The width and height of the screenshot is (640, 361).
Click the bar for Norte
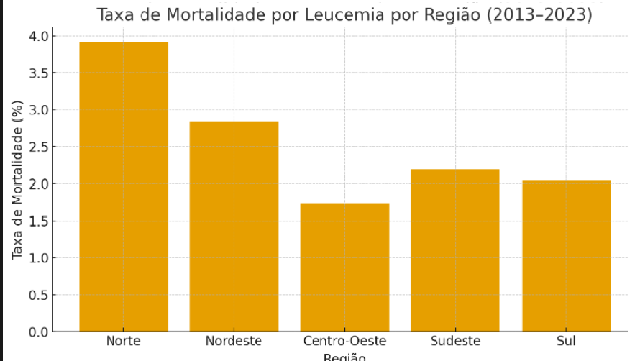point(123,187)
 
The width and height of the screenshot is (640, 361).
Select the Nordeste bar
point(234,227)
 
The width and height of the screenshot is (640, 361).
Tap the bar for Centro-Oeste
point(344,268)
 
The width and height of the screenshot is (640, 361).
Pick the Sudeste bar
point(455,250)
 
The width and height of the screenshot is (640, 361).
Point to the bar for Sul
point(566,256)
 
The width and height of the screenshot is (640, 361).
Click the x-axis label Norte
point(123,341)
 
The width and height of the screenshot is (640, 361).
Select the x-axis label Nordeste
point(234,341)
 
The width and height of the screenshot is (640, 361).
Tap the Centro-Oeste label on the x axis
point(344,341)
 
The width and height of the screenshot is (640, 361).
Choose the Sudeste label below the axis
point(455,341)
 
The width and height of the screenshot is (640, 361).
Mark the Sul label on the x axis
point(566,341)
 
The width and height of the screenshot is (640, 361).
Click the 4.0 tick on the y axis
point(40,36)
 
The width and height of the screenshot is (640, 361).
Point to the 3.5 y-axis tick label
point(40,73)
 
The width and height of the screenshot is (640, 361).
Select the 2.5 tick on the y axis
point(40,147)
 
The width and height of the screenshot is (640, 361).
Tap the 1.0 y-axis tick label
point(40,257)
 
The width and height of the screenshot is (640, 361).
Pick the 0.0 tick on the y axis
point(40,332)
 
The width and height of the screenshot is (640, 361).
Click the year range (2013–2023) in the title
point(539,15)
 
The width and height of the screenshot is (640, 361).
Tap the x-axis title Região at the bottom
point(344,357)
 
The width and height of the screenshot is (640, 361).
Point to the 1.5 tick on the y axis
point(40,221)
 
